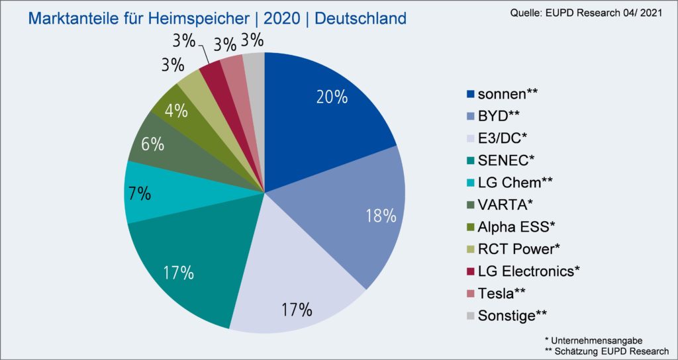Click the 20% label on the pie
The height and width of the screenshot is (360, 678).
click(x=331, y=97)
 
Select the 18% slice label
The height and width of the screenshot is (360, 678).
click(x=380, y=216)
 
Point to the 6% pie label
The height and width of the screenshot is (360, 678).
click(x=152, y=144)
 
